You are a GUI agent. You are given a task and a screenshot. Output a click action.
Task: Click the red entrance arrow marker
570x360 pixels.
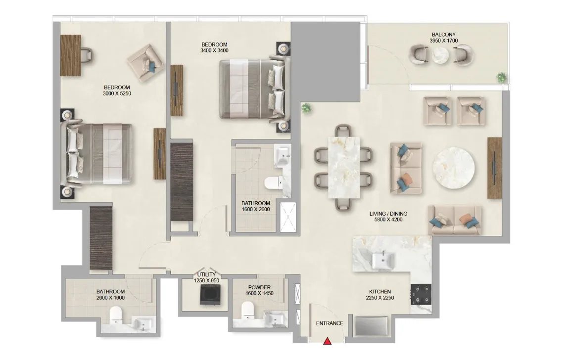[328, 342]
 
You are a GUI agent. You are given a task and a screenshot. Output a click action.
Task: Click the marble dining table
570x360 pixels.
[345, 167]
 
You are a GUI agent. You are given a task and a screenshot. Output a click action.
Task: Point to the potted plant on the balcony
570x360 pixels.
[502, 77]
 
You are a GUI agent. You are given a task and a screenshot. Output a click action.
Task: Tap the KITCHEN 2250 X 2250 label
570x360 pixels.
[380, 295]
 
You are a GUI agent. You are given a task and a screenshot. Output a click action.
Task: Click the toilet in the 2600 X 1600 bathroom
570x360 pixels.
[116, 315]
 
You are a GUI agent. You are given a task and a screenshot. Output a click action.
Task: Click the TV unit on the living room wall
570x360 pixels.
[494, 168]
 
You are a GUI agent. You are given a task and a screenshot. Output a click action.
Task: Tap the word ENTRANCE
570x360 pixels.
[330, 323]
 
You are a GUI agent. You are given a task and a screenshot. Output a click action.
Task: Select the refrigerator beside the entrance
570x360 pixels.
[372, 327]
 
